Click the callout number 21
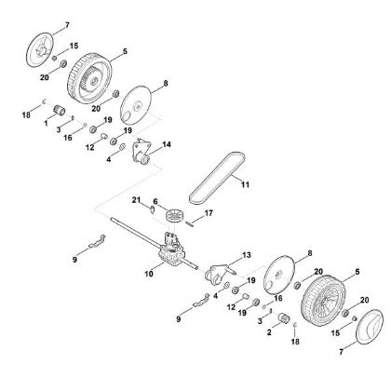pyautogui.click(x=136, y=202)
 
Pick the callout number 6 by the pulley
pyautogui.click(x=156, y=201)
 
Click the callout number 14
pyautogui.click(x=167, y=144)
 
